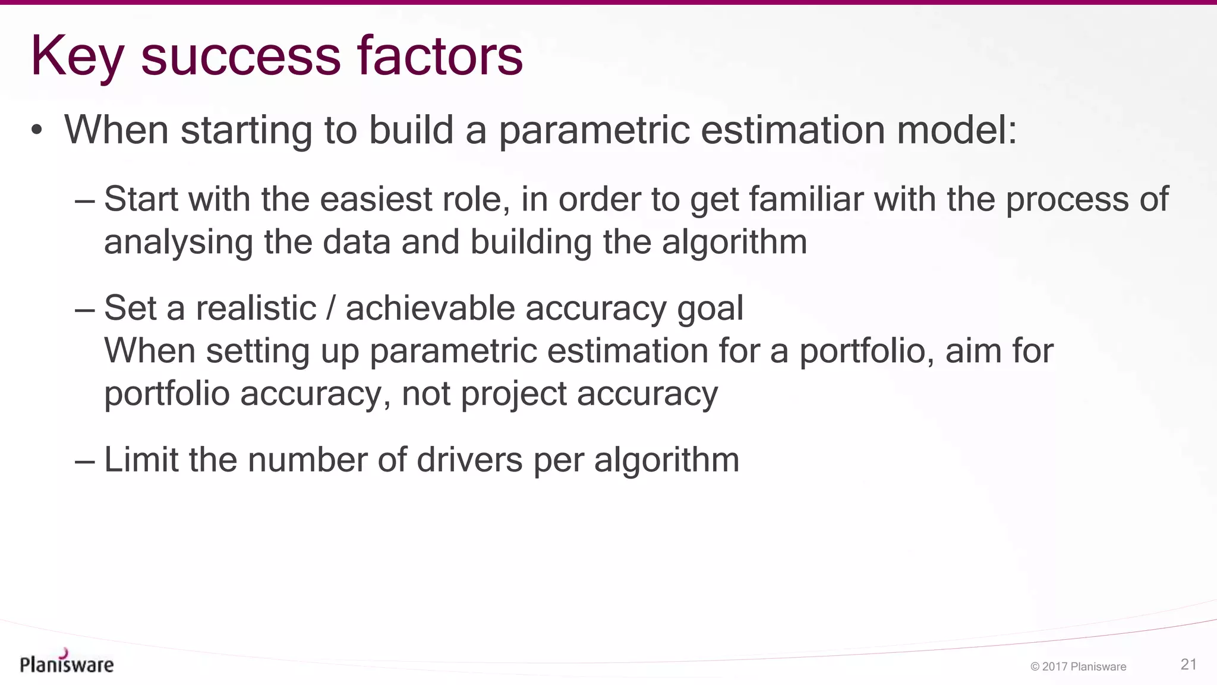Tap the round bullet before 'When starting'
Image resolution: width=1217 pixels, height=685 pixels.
(37, 130)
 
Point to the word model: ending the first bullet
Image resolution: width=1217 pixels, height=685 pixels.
(957, 130)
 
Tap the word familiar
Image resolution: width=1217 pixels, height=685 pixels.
(805, 199)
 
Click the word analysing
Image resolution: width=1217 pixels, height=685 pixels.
(178, 243)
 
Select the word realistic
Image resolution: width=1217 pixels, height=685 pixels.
(256, 309)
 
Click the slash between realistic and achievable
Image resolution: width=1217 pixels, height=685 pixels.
(331, 309)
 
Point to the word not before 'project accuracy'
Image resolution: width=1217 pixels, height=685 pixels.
(426, 394)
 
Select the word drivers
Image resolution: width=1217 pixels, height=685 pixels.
(469, 460)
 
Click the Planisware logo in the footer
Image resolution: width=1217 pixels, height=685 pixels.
(67, 662)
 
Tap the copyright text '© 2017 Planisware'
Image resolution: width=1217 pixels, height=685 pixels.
(1078, 667)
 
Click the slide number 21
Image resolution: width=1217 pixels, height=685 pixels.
(1188, 665)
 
